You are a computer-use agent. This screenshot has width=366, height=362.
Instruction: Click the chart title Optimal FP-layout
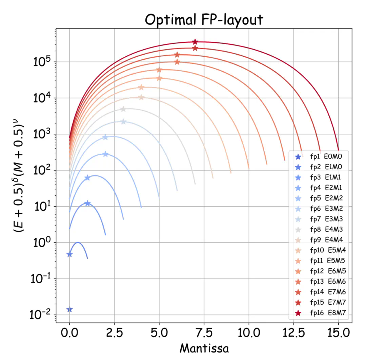[204, 20]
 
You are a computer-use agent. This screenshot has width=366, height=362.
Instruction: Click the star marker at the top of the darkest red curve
[195, 42]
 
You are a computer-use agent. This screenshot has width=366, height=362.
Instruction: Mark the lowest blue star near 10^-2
[69, 309]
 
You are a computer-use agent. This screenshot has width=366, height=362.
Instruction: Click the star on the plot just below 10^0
[69, 254]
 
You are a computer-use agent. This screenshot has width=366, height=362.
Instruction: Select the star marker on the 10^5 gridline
[177, 62]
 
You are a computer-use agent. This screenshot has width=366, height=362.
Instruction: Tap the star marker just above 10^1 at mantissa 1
[87, 203]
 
